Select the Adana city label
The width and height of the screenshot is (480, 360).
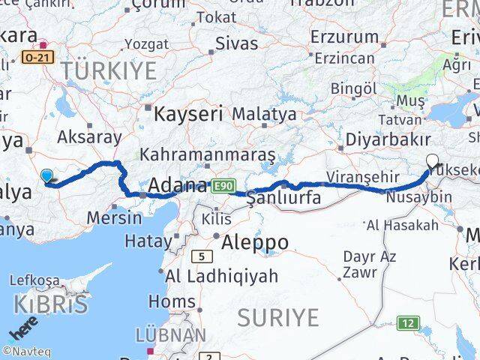pyautogui.click(x=178, y=184)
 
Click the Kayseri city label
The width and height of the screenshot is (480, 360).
pyautogui.click(x=188, y=114)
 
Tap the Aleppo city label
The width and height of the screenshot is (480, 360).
pyautogui.click(x=254, y=242)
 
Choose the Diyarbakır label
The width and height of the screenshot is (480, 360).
pyautogui.click(x=388, y=139)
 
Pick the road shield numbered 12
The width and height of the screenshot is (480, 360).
pyautogui.click(x=407, y=323)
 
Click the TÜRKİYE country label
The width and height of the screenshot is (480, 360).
pyautogui.click(x=109, y=71)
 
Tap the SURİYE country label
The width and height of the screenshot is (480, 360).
pyautogui.click(x=277, y=317)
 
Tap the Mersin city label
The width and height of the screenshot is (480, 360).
pyautogui.click(x=114, y=218)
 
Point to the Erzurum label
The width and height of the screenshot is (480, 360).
pyautogui.click(x=344, y=36)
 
